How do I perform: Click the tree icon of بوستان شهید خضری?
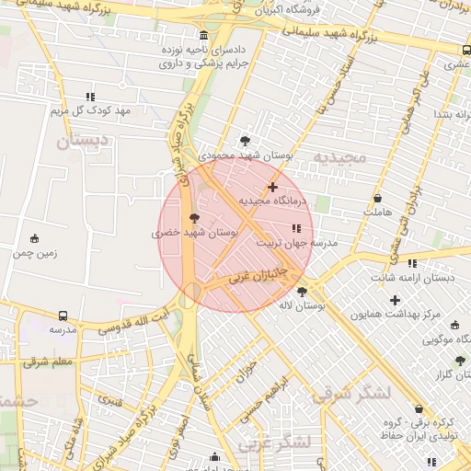(x=193, y=218)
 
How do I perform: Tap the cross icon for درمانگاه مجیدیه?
(x=272, y=187)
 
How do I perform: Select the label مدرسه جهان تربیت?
(x=296, y=244)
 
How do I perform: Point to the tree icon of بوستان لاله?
(x=302, y=292)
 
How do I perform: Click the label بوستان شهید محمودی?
(x=245, y=156)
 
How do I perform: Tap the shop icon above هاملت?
(x=377, y=199)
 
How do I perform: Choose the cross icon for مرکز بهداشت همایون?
(x=396, y=300)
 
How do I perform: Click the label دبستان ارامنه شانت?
(x=407, y=277)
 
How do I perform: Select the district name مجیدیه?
(x=339, y=157)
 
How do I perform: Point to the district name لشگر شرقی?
(x=350, y=395)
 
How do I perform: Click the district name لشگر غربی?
(x=275, y=443)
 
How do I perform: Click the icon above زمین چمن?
(x=35, y=239)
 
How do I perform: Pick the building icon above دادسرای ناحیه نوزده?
(x=203, y=34)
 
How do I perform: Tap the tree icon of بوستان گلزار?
(x=460, y=362)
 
